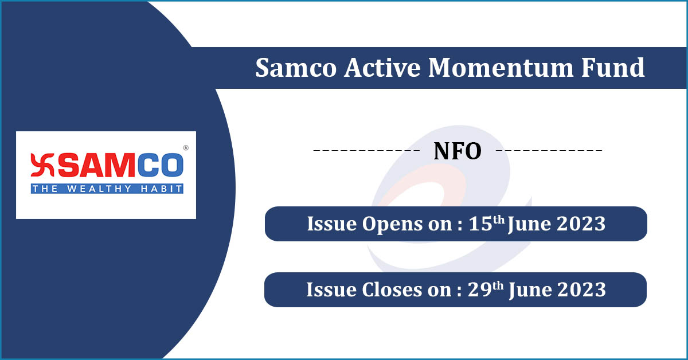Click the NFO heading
coord(457,151)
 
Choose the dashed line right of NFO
coord(549,151)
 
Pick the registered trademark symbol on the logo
coord(185,148)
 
